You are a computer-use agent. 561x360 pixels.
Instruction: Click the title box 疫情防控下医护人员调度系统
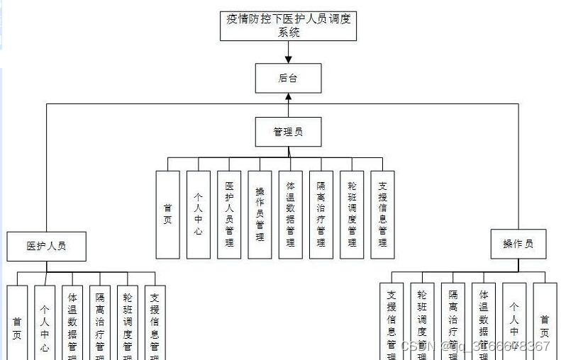288,26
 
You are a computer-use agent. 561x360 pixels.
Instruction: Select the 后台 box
288,78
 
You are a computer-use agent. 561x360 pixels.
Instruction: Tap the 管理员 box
288,132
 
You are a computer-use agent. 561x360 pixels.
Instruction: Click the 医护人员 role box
47,246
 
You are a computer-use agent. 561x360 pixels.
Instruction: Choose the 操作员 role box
518,244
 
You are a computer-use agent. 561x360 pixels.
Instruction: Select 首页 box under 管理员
168,214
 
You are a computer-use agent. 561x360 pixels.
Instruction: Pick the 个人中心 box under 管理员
199,214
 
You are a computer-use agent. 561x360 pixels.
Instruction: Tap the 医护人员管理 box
229,214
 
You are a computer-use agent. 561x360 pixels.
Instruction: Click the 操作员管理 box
260,214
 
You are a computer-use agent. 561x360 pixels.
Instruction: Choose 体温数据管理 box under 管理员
291,214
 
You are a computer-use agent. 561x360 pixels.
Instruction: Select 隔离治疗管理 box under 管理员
321,214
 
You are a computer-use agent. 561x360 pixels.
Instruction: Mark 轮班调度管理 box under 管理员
352,214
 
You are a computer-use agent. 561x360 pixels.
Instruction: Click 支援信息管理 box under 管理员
383,214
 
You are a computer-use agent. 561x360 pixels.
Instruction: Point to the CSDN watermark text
475,346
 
